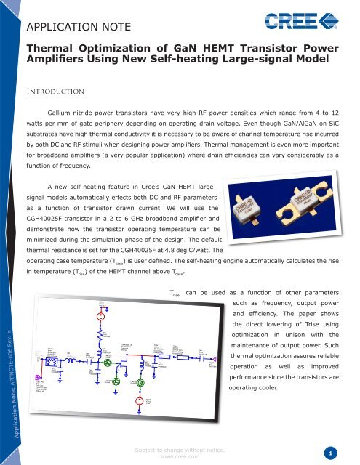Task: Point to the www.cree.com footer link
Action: click(x=180, y=454)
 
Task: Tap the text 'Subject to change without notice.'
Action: click(x=180, y=445)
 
